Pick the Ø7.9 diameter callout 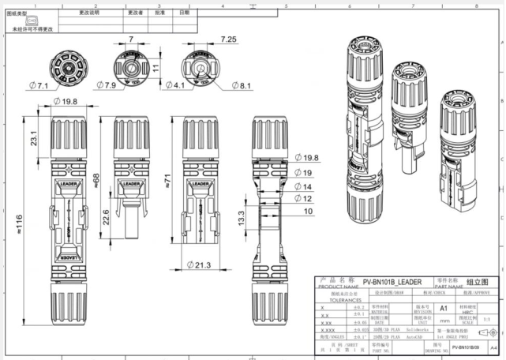105,85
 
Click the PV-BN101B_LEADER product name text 392,281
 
